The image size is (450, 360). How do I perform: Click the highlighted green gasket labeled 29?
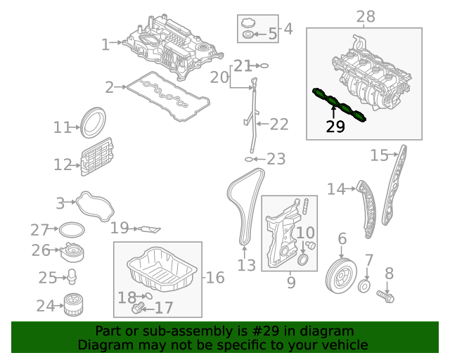(x=340, y=105)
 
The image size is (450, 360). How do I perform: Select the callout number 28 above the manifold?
(x=365, y=16)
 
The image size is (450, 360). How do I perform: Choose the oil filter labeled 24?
(x=69, y=304)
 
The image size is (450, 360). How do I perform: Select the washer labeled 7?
(x=364, y=287)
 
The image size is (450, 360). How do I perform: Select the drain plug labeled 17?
(x=136, y=308)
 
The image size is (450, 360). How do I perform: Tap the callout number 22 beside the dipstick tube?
(x=279, y=124)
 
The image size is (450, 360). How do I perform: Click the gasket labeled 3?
(x=95, y=206)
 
